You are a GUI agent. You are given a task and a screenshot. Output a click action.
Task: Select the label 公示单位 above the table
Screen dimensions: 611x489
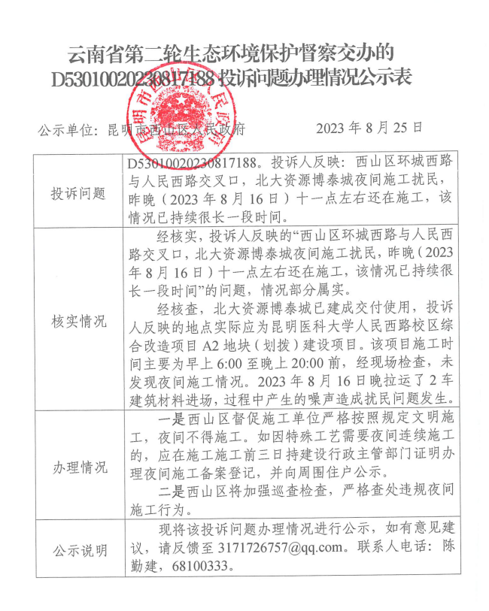click(x=65, y=129)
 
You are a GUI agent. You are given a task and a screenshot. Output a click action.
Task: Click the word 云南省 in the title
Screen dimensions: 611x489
click(x=90, y=53)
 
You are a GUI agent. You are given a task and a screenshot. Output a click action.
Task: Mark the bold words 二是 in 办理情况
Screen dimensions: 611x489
click(x=171, y=492)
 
